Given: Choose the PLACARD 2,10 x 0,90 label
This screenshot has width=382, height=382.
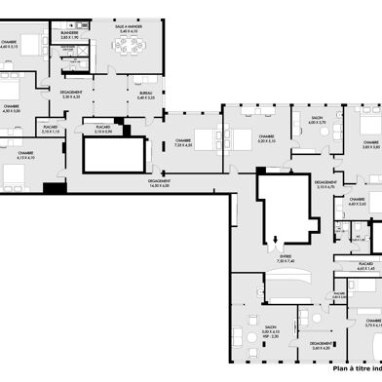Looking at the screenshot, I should pyautogui.click(x=101, y=129).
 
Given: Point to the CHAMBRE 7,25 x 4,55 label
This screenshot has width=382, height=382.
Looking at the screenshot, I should pyautogui.click(x=183, y=143).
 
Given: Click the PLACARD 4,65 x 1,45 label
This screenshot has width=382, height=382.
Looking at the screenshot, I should pyautogui.click(x=365, y=265).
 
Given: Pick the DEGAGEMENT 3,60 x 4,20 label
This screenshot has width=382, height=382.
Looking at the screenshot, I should pyautogui.click(x=321, y=345).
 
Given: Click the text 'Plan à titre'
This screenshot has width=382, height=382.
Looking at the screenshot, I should pyautogui.click(x=352, y=367).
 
